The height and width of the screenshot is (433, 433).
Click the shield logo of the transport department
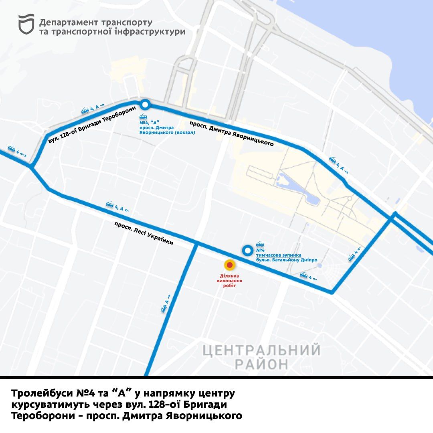pos(26,24)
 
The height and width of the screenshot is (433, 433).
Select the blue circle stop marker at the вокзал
pos(145,105)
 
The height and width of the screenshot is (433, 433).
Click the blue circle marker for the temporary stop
pos(248,251)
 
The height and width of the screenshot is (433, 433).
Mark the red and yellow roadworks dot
pos(229,265)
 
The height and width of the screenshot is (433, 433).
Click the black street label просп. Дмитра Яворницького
pos(231,133)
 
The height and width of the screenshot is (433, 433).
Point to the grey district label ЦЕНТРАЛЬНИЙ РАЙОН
pos(261,357)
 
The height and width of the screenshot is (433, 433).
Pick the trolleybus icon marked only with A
pos(164,308)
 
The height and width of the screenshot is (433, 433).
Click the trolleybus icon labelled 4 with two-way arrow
pos(11,149)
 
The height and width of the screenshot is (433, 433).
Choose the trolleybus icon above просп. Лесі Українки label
pos(109,204)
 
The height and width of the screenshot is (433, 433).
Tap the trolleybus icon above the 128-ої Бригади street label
pos(85,111)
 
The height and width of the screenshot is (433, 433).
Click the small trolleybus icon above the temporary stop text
pos(260,244)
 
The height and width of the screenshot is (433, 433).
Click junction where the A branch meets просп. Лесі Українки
pos(196,243)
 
